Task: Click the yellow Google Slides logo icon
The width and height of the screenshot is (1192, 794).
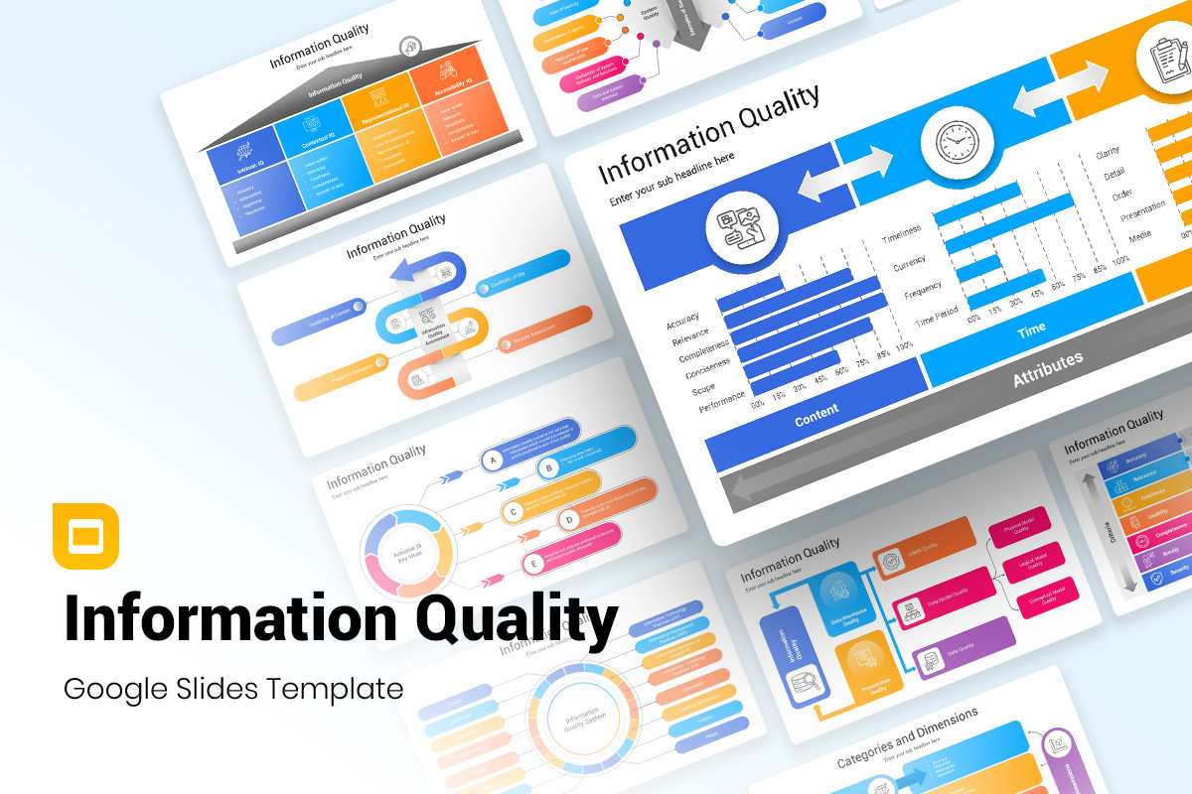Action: (85, 537)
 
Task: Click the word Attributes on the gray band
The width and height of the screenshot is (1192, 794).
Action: (1047, 368)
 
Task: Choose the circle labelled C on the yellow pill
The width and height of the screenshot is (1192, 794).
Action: (513, 513)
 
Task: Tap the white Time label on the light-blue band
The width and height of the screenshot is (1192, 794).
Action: (1031, 331)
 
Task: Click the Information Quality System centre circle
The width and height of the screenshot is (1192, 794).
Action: (581, 721)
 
